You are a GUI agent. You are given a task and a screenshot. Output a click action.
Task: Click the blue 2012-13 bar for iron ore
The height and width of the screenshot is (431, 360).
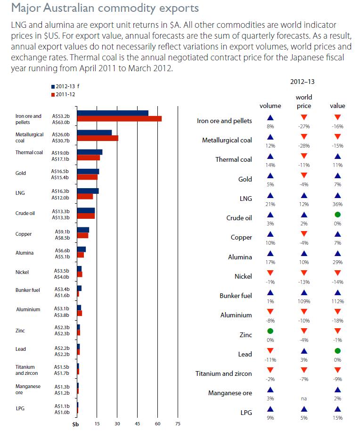113,113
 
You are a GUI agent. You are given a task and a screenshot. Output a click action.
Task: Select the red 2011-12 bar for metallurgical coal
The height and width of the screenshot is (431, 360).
98,138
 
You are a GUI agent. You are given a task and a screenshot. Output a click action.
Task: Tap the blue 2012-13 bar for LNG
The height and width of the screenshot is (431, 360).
88,191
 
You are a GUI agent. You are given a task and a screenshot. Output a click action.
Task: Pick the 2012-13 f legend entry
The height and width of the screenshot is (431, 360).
65,87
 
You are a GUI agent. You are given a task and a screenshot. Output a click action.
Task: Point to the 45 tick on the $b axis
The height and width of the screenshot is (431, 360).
138,423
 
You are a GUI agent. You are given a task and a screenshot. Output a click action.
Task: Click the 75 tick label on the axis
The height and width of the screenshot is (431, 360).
178,423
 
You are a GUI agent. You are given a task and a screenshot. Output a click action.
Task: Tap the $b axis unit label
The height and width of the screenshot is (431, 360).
75,424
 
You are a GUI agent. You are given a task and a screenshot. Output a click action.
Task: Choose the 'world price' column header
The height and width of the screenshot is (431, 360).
304,101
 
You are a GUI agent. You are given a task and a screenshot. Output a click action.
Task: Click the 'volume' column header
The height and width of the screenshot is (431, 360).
270,106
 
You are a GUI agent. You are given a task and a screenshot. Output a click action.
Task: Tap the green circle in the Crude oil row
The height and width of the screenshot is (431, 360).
337,215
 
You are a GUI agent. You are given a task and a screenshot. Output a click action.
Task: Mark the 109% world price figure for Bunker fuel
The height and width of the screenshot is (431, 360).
304,301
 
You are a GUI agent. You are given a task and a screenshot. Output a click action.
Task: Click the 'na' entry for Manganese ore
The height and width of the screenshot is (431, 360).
304,398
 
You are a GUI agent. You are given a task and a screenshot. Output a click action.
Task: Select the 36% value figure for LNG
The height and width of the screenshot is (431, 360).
337,204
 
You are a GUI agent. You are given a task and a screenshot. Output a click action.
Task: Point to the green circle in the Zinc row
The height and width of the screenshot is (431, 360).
270,331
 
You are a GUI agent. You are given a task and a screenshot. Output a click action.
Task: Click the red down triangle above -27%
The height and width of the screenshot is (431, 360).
304,117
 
